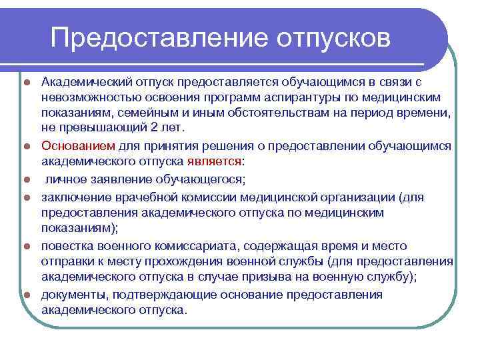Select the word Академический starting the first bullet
coord(84,82)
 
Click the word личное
coord(65,179)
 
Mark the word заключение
coord(73,197)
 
